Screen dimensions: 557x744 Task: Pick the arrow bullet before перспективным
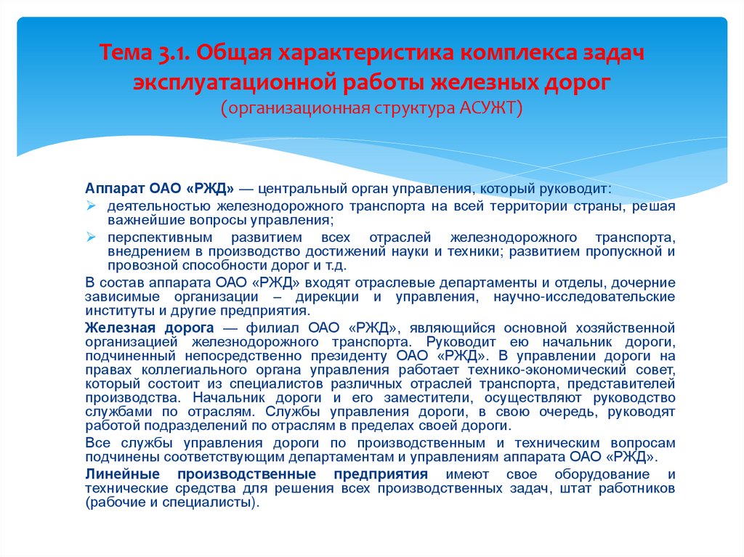91,237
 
